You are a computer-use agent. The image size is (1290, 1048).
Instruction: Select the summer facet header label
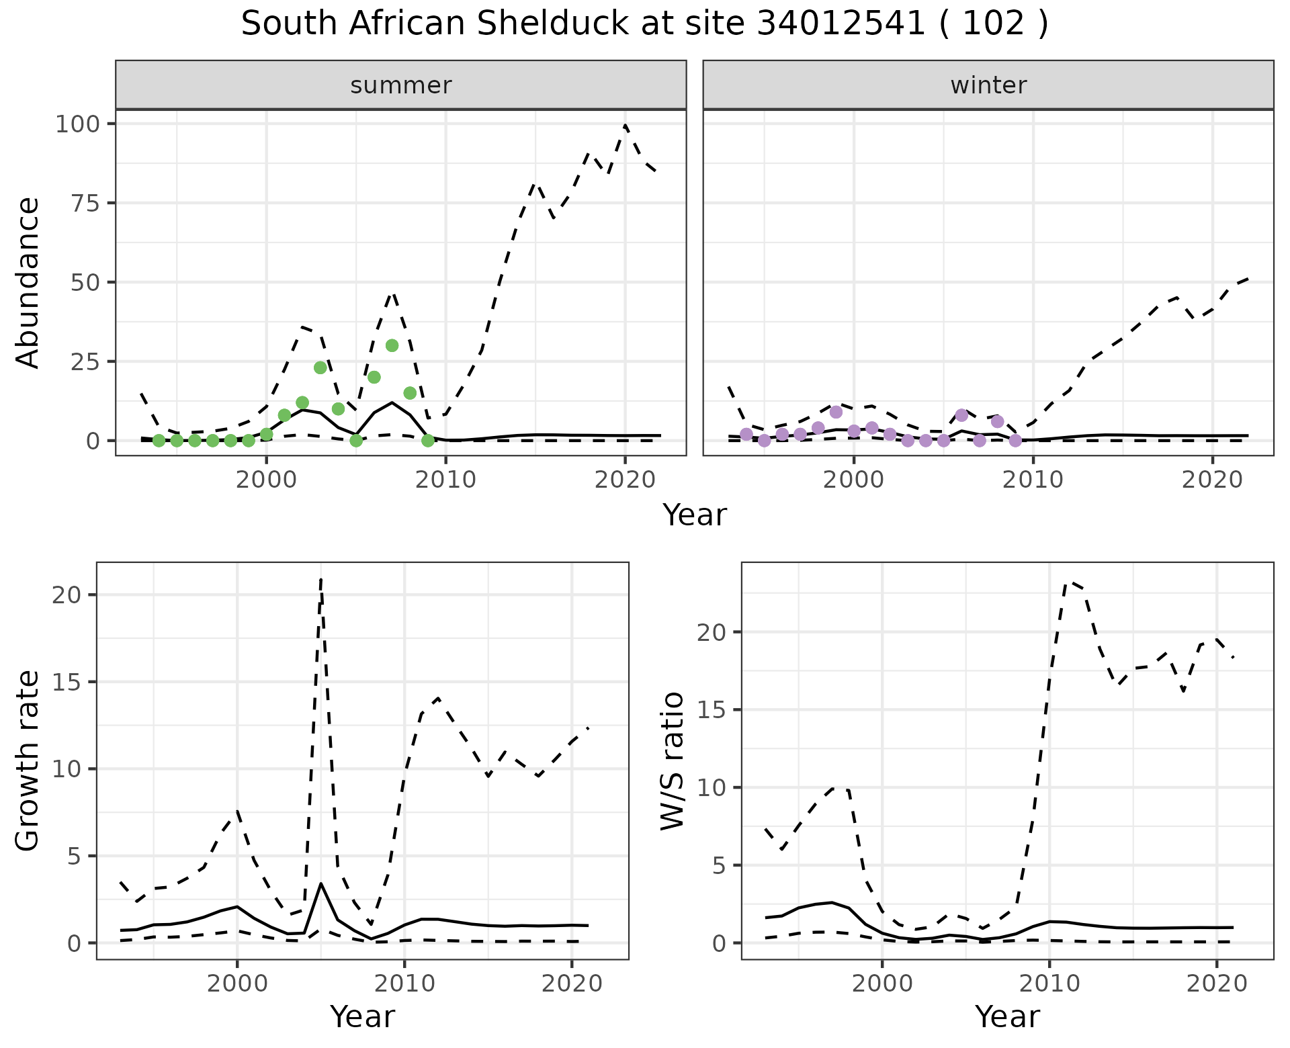pos(401,85)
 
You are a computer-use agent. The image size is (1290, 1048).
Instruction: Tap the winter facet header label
pos(988,85)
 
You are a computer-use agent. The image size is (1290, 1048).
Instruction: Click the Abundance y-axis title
pos(28,283)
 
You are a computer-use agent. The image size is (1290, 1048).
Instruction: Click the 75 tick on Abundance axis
pos(85,204)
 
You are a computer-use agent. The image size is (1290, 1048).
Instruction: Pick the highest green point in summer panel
pos(392,345)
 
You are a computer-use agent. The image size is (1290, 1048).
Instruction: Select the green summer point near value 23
pos(320,367)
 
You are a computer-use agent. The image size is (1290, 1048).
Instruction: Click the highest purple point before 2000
pos(836,412)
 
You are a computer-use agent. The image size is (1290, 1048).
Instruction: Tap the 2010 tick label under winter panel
pos(1033,480)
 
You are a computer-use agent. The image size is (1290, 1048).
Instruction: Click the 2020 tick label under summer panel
pos(626,480)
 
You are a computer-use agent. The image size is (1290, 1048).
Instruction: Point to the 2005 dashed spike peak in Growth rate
pos(321,579)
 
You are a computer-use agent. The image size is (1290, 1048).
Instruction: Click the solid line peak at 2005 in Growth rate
pos(321,883)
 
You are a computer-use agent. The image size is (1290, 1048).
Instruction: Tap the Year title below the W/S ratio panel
pos(1007,1016)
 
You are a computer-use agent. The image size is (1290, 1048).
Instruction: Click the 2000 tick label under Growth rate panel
pos(236,984)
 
